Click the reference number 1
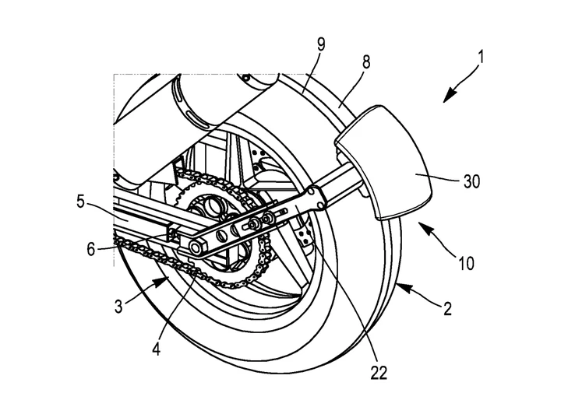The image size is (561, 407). [x=482, y=58]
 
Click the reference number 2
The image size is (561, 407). [x=448, y=310]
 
